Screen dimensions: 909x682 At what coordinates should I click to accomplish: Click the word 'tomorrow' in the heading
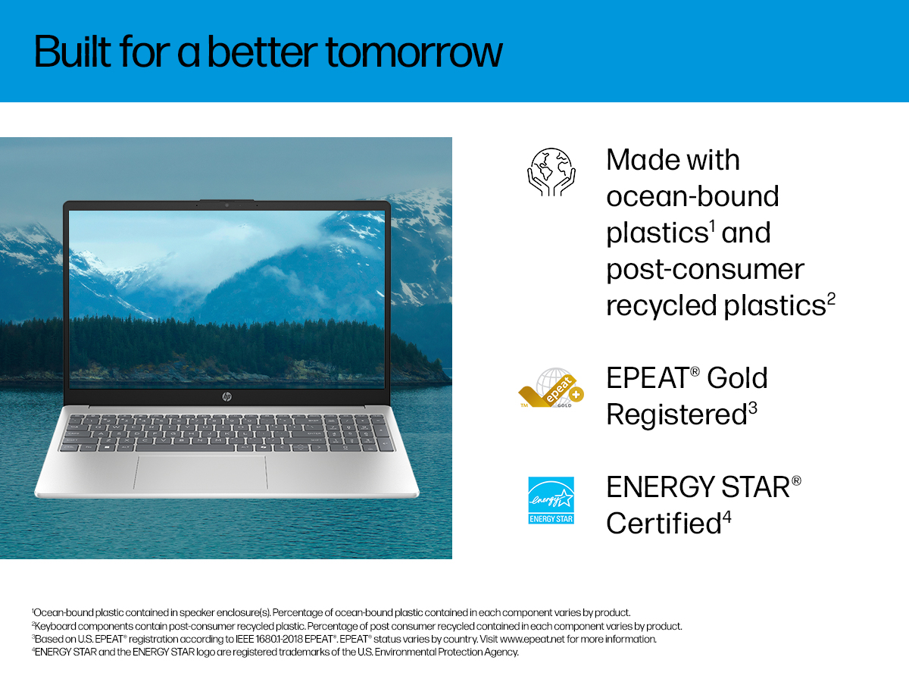(x=414, y=52)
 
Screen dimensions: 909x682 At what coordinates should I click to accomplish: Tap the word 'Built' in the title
(x=73, y=52)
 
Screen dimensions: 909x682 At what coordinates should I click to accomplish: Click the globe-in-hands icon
(x=551, y=172)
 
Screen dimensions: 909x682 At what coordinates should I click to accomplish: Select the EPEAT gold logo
(x=551, y=388)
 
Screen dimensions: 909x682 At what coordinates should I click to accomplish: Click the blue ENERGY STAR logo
(x=551, y=500)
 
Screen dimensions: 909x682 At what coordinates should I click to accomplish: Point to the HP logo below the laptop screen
(x=227, y=396)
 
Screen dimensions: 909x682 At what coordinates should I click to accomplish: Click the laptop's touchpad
(x=201, y=472)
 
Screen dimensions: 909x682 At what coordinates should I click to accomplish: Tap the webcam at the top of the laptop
(x=227, y=205)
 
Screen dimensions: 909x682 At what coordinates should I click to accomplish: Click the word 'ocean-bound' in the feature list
(x=693, y=196)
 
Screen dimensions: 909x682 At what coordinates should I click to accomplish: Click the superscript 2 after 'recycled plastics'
(x=831, y=299)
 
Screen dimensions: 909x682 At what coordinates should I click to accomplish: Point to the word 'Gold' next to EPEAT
(x=737, y=378)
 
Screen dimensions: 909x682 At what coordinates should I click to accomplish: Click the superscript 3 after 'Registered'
(x=752, y=408)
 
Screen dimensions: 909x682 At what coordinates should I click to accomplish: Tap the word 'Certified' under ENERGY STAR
(x=664, y=524)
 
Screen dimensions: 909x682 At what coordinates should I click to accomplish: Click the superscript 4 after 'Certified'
(x=727, y=518)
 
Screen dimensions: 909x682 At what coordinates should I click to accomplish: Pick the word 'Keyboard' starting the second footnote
(x=55, y=626)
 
